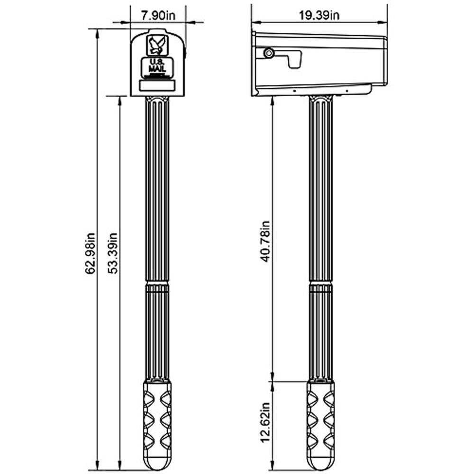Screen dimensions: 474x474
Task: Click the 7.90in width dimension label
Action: [158, 16]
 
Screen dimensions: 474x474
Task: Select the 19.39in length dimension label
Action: [319, 15]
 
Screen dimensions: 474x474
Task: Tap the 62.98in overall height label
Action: [90, 253]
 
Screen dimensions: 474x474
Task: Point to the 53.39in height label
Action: [113, 253]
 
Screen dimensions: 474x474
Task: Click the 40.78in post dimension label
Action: [265, 241]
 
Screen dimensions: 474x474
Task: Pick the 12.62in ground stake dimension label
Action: [265, 423]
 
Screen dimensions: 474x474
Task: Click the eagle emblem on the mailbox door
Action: [157, 46]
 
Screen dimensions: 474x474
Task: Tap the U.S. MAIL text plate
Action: [157, 66]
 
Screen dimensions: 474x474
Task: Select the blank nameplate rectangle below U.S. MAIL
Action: [157, 85]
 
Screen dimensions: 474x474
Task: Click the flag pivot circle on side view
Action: [268, 53]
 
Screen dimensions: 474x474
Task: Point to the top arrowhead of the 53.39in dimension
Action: [120, 101]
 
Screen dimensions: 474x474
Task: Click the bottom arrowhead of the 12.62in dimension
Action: [273, 466]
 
